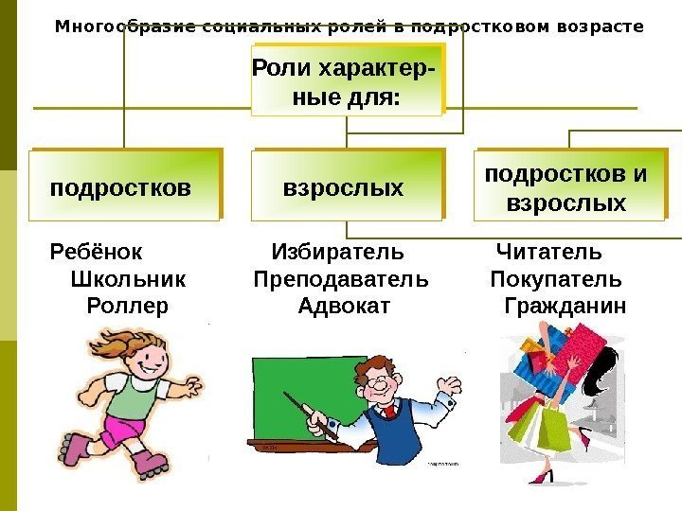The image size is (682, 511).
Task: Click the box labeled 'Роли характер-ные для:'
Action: [x=346, y=82]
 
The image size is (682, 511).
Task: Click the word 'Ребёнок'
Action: [x=95, y=253]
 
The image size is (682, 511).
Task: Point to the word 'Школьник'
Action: [x=128, y=280]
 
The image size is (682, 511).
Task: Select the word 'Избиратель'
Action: [x=337, y=253]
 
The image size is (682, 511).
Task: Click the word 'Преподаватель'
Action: [x=340, y=280]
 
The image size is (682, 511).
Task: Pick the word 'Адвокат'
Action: [x=343, y=307]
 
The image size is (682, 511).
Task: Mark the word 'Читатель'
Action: [x=548, y=253]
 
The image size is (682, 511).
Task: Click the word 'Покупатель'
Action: [x=556, y=280]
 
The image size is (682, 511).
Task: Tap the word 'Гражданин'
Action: [x=565, y=307]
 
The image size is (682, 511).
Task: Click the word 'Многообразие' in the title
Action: [x=114, y=26]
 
